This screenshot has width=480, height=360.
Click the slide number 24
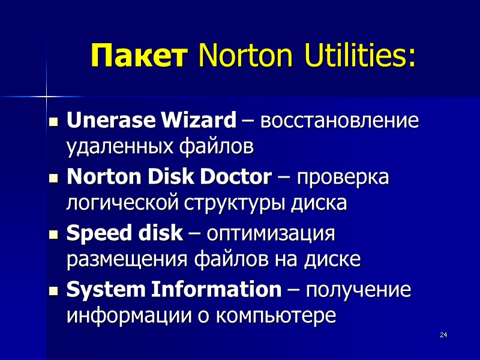click(x=443, y=334)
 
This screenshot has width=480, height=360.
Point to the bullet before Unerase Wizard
click(x=53, y=123)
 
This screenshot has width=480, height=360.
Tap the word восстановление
click(x=340, y=122)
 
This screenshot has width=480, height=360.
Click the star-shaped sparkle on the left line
click(x=46, y=95)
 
